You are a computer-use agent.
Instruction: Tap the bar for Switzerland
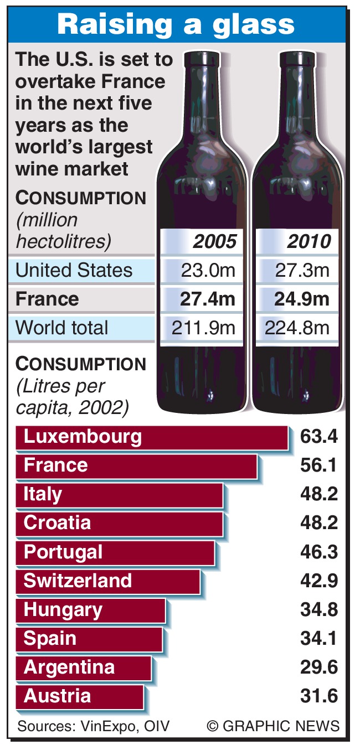(x=107, y=581)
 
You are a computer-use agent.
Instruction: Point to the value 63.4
(x=318, y=437)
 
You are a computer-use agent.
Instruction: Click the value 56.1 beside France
(x=318, y=465)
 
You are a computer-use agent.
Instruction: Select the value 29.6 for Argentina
(x=318, y=667)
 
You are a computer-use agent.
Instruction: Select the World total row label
(x=63, y=328)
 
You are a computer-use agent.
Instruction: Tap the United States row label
(x=74, y=271)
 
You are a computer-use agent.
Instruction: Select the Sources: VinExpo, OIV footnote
(x=94, y=726)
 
